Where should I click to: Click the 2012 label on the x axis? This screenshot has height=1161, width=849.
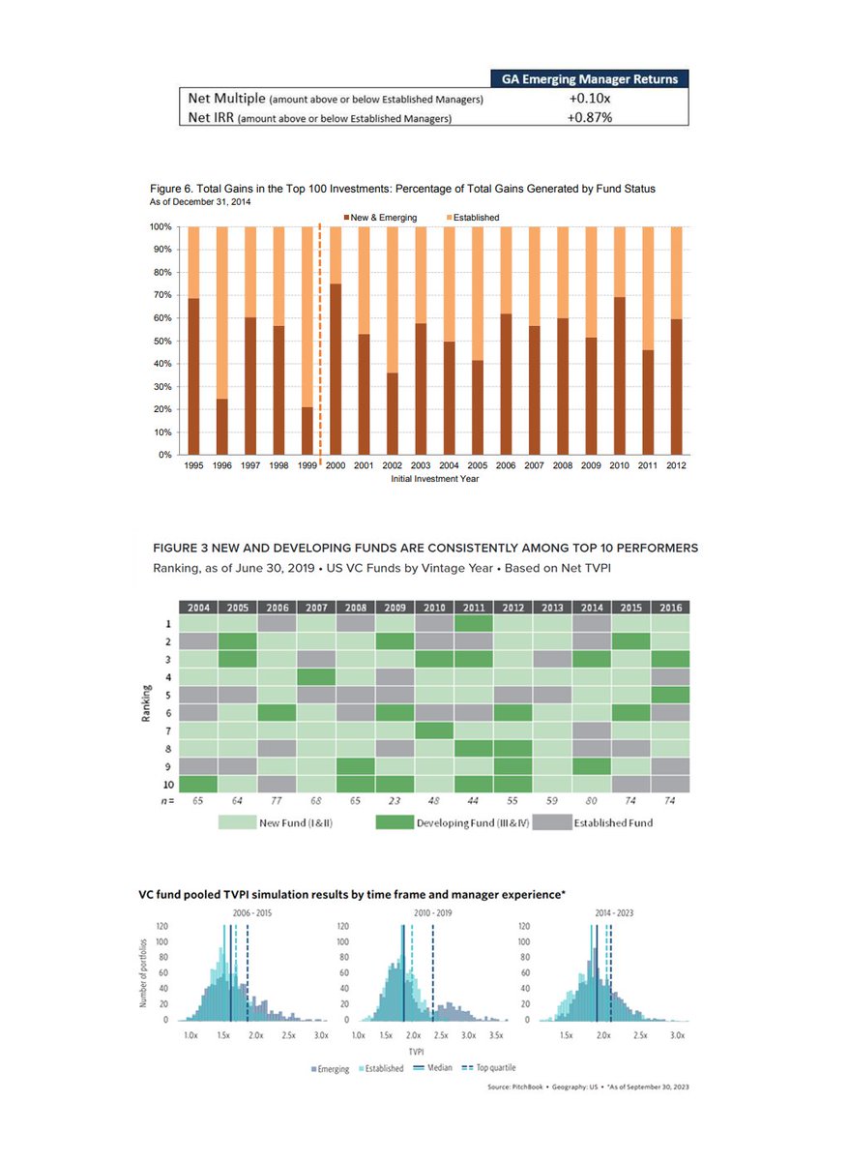[676, 466]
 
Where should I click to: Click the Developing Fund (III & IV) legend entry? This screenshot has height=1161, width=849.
[450, 823]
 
